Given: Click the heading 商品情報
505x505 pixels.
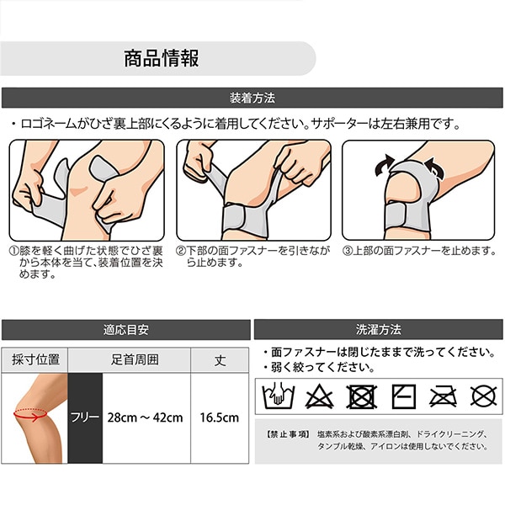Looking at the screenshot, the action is (x=162, y=58).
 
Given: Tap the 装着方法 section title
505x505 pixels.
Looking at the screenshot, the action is (x=252, y=98).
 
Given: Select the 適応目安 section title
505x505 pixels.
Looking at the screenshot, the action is (x=126, y=330).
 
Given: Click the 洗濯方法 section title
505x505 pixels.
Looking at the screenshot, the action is (x=379, y=329).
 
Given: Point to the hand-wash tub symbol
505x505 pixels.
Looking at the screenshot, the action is (x=279, y=396).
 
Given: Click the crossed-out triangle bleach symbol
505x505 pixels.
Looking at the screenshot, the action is (x=319, y=396).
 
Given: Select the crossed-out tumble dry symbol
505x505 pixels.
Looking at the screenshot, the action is (x=361, y=396).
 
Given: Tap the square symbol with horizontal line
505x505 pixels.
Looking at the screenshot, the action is (x=403, y=396).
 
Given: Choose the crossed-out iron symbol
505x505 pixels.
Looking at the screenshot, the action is (x=444, y=396).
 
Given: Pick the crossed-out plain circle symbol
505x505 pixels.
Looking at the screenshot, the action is (x=483, y=396).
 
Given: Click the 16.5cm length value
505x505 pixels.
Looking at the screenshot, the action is (x=220, y=417).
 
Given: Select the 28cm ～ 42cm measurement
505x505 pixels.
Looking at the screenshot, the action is (x=146, y=417).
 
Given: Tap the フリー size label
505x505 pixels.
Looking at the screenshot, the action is (x=85, y=417).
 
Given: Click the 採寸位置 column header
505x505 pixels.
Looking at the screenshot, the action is (x=35, y=359).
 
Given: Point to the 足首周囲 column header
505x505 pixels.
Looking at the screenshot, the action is (x=135, y=359).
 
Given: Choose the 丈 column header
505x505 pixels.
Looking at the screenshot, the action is (x=221, y=360).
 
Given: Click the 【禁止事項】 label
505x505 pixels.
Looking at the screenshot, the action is (x=288, y=434).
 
